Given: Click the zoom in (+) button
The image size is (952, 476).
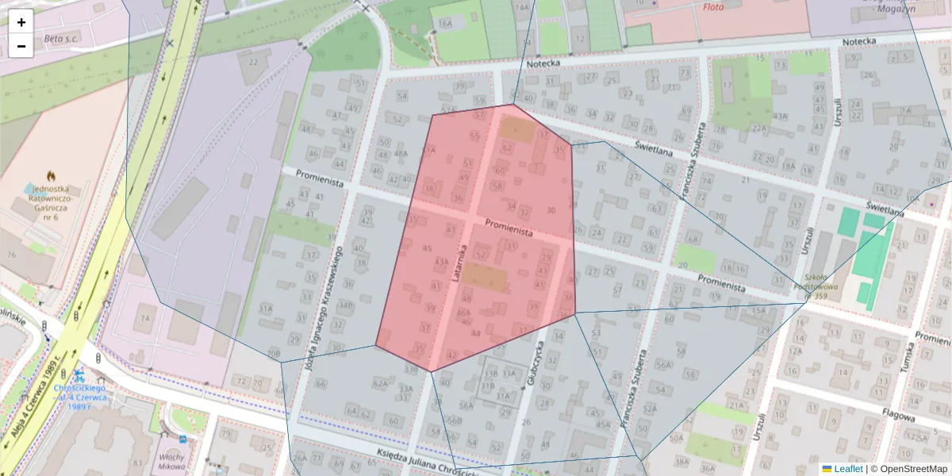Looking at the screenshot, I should pyautogui.click(x=21, y=22).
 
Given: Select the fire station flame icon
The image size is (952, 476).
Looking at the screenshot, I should pyautogui.click(x=52, y=175).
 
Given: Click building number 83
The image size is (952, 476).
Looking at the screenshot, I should pyautogui.click(x=138, y=463).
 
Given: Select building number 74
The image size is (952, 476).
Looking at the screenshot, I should pyautogui.click(x=144, y=318).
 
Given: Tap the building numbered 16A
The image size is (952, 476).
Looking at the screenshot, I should pyautogui.click(x=445, y=24).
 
